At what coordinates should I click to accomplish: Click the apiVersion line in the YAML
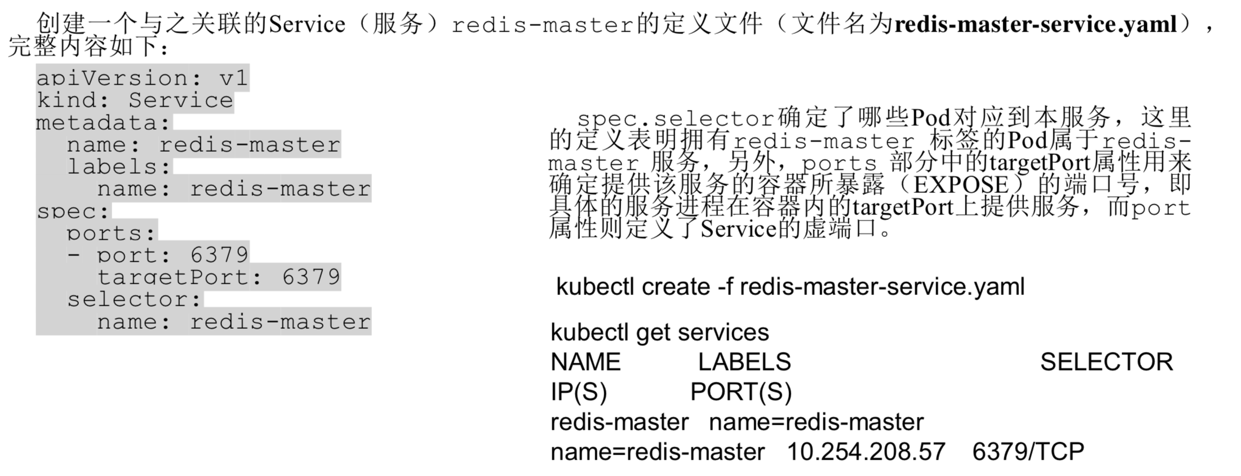pos(142,78)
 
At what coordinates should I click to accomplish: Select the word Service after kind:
pos(180,100)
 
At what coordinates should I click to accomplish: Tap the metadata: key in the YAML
pos(104,122)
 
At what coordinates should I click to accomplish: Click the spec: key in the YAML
pos(73,211)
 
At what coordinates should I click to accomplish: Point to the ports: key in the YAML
pos(112,233)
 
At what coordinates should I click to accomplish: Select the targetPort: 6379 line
pos(219,277)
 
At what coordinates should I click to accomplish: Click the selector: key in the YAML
pos(134,299)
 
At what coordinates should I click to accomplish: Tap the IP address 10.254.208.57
pos(866,452)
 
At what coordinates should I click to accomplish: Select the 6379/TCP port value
pos(1028,452)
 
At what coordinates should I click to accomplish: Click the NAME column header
pos(586,362)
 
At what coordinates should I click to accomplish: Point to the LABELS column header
pos(744,362)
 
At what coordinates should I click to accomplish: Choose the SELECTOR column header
pos(1106,362)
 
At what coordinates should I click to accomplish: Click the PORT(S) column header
pos(741,392)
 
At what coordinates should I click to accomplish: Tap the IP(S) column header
pos(579,392)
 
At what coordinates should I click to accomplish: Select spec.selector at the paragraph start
pos(676,119)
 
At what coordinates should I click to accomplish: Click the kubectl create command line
pos(790,287)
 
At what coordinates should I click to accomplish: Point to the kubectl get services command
pos(659,332)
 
